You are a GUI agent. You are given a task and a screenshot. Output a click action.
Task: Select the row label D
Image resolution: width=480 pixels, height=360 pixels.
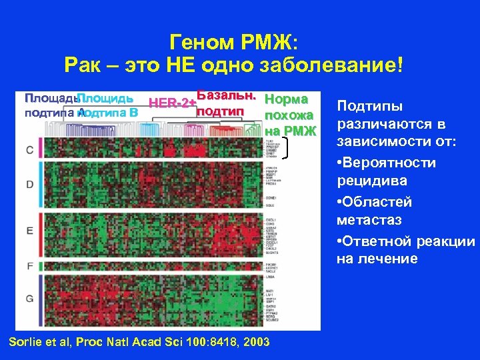click(x=29, y=183)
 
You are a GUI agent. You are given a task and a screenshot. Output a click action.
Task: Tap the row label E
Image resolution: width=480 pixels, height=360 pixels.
click(x=29, y=231)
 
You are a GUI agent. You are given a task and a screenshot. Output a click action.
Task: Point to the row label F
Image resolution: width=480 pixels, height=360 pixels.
click(x=29, y=266)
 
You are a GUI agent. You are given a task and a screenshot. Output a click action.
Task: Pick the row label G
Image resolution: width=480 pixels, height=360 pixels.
click(x=29, y=298)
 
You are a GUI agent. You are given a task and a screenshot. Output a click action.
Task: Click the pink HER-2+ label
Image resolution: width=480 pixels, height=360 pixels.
click(x=171, y=103)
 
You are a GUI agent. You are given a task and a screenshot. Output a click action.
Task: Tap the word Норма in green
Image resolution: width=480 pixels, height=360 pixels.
click(x=286, y=99)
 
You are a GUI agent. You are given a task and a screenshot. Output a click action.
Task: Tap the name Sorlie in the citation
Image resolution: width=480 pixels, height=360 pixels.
click(x=25, y=342)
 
